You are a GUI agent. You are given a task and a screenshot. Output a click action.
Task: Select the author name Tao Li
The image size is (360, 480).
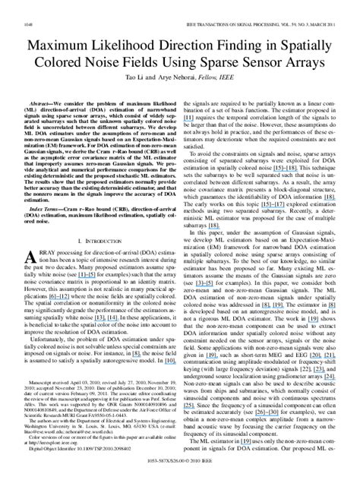pyautogui.click(x=144, y=77)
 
